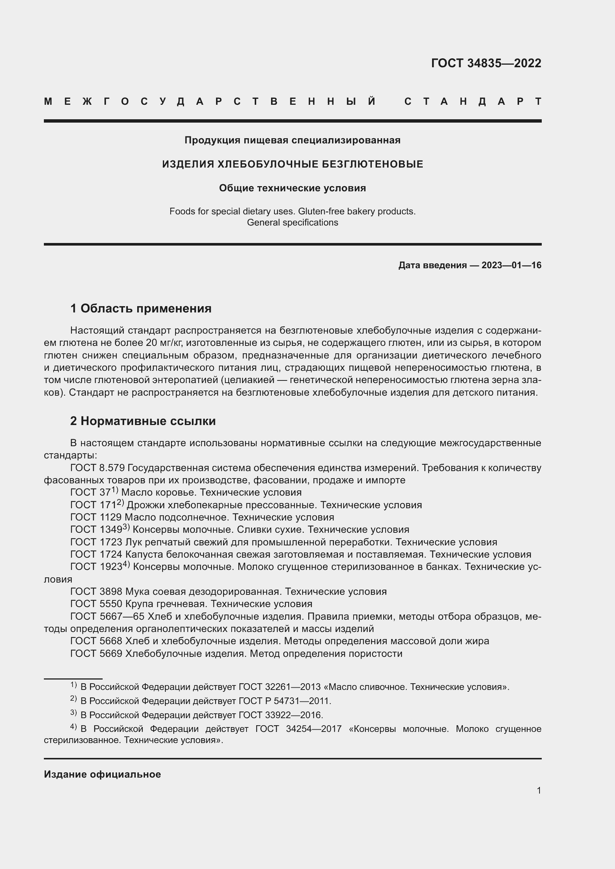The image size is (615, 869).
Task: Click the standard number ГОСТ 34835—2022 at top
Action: pyautogui.click(x=486, y=63)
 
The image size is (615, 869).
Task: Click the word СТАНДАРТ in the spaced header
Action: pyautogui.click(x=473, y=101)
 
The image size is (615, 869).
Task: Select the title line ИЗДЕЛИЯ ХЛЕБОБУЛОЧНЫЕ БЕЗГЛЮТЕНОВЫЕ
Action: pyautogui.click(x=292, y=164)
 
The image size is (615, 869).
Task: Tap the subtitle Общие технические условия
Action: pyautogui.click(x=292, y=188)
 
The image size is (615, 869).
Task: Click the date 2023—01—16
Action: pyautogui.click(x=511, y=265)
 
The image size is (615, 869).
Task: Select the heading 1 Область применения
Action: pyautogui.click(x=141, y=308)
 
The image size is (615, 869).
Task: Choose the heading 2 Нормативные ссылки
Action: pyautogui.click(x=143, y=421)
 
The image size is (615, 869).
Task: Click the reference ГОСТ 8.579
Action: pyautogui.click(x=97, y=468)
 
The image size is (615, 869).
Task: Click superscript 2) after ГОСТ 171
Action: pyautogui.click(x=120, y=502)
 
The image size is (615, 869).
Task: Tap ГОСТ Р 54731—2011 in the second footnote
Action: pyautogui.click(x=284, y=701)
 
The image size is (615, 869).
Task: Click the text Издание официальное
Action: pyautogui.click(x=102, y=774)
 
